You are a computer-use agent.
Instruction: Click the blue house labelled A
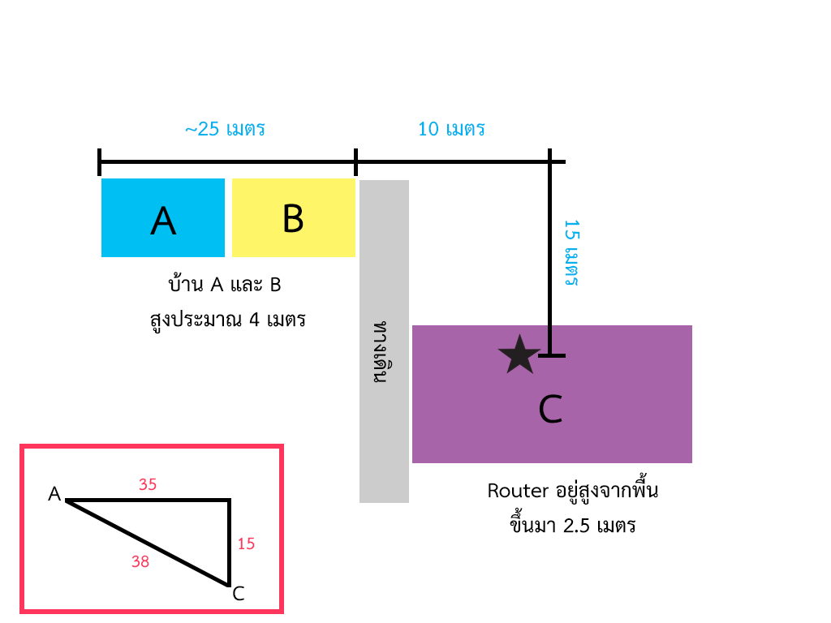click(163, 217)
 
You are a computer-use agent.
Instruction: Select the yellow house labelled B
click(293, 217)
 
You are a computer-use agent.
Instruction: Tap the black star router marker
click(519, 355)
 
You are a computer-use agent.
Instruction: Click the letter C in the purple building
click(550, 410)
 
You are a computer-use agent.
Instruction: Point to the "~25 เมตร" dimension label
click(225, 129)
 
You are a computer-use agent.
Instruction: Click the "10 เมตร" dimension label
click(451, 129)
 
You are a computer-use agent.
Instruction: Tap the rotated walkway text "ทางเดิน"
click(382, 353)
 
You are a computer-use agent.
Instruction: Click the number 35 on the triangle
click(148, 484)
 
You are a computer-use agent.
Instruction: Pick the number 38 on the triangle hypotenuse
click(140, 561)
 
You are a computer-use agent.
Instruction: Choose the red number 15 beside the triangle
click(246, 544)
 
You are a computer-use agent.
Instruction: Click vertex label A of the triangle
click(54, 494)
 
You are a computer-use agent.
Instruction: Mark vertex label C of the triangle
click(239, 594)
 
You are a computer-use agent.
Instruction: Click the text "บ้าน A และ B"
click(224, 286)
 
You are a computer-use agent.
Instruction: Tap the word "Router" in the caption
click(513, 491)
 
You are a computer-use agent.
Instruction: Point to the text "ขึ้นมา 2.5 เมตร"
click(571, 525)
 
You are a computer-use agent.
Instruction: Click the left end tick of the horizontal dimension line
click(99, 161)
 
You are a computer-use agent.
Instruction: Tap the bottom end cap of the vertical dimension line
click(551, 355)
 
